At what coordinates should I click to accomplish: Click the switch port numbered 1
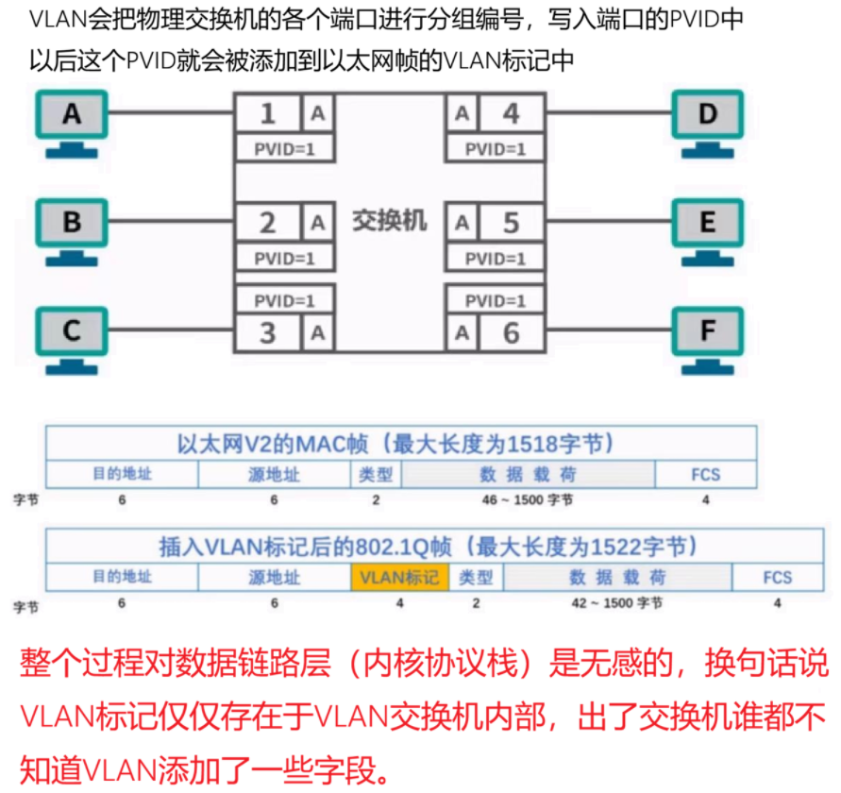[267, 114]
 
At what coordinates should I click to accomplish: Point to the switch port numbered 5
[511, 223]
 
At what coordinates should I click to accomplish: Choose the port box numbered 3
[267, 332]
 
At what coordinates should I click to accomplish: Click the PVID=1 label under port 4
[496, 148]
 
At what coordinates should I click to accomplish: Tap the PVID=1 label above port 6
[496, 301]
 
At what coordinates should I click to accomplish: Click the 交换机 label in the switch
[390, 221]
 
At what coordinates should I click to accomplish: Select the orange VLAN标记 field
[399, 577]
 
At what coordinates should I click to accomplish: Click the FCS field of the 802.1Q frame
[777, 577]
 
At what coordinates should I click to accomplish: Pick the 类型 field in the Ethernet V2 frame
[376, 474]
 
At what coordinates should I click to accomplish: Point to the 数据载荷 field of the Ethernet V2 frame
[529, 474]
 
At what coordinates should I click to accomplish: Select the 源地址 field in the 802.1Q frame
[274, 577]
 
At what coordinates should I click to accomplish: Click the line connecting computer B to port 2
[171, 223]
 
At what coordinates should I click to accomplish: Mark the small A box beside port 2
[318, 223]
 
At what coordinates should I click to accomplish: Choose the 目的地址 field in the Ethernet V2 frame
[122, 474]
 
